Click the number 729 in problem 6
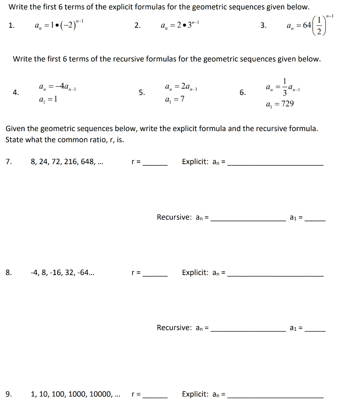tap(287, 104)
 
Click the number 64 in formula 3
tap(307, 25)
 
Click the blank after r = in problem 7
tap(155, 163)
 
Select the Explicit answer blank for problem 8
tap(275, 273)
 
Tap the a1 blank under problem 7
tap(315, 219)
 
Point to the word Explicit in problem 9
tap(195, 394)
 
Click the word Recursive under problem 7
tap(174, 217)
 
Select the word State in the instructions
tap(14, 140)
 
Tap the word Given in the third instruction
tap(15, 129)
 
